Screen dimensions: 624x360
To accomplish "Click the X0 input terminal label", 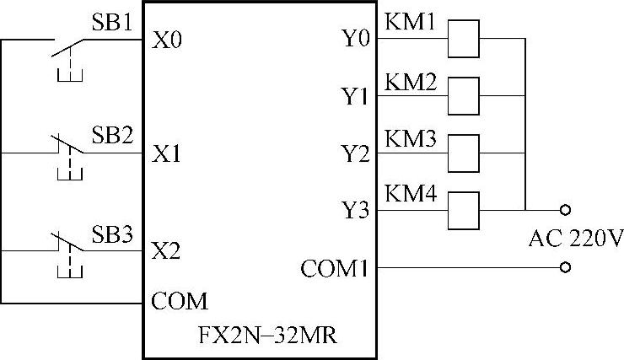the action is [167, 40].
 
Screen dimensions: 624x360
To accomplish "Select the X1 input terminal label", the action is [167, 154].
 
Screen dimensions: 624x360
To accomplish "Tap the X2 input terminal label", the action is [167, 250].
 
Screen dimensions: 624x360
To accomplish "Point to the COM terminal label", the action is [179, 301].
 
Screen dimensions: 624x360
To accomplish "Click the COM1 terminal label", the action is [335, 269].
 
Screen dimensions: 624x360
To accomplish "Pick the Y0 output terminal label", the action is [355, 40].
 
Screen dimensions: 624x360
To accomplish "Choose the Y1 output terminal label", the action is [355, 97].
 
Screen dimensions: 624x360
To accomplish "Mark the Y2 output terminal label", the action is [355, 153].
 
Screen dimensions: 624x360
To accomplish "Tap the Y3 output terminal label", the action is [355, 210].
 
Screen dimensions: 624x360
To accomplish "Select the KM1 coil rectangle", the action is [462, 39].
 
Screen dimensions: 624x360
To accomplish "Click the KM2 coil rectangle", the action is [462, 95].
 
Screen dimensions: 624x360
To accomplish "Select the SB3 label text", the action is [110, 235].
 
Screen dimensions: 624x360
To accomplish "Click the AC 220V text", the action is [576, 239].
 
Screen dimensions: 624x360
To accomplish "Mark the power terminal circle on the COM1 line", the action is [565, 268].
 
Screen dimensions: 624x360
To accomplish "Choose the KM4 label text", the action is [411, 194].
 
